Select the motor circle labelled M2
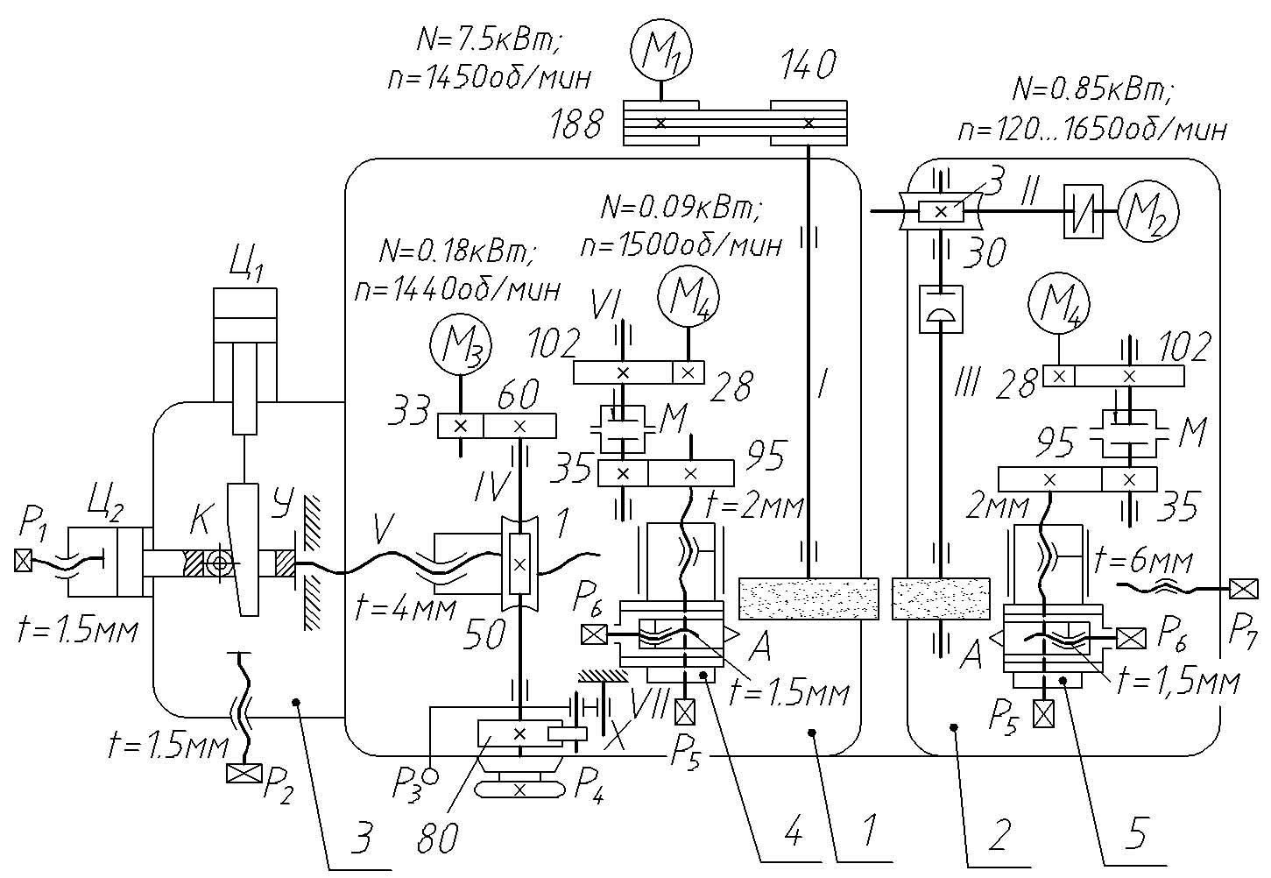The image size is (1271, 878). tap(1150, 211)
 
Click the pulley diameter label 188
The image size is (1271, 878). tap(576, 125)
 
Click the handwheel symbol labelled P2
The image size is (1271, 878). tap(244, 773)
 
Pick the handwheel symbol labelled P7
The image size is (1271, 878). tap(1242, 588)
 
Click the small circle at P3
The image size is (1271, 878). tap(430, 775)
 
